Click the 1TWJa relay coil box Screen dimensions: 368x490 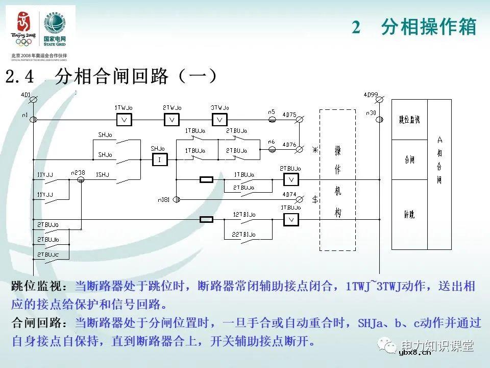click(124, 120)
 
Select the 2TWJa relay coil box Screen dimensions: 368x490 click(172, 120)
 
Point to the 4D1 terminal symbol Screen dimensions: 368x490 click(34, 103)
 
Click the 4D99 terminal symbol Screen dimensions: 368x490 click(378, 103)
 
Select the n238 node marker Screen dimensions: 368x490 click(80, 180)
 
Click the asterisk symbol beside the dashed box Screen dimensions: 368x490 click(315, 150)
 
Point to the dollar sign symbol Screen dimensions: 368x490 click(315, 199)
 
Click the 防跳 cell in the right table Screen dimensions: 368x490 click(409, 215)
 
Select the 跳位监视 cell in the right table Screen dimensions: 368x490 click(409, 120)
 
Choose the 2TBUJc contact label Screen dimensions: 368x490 click(47, 254)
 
